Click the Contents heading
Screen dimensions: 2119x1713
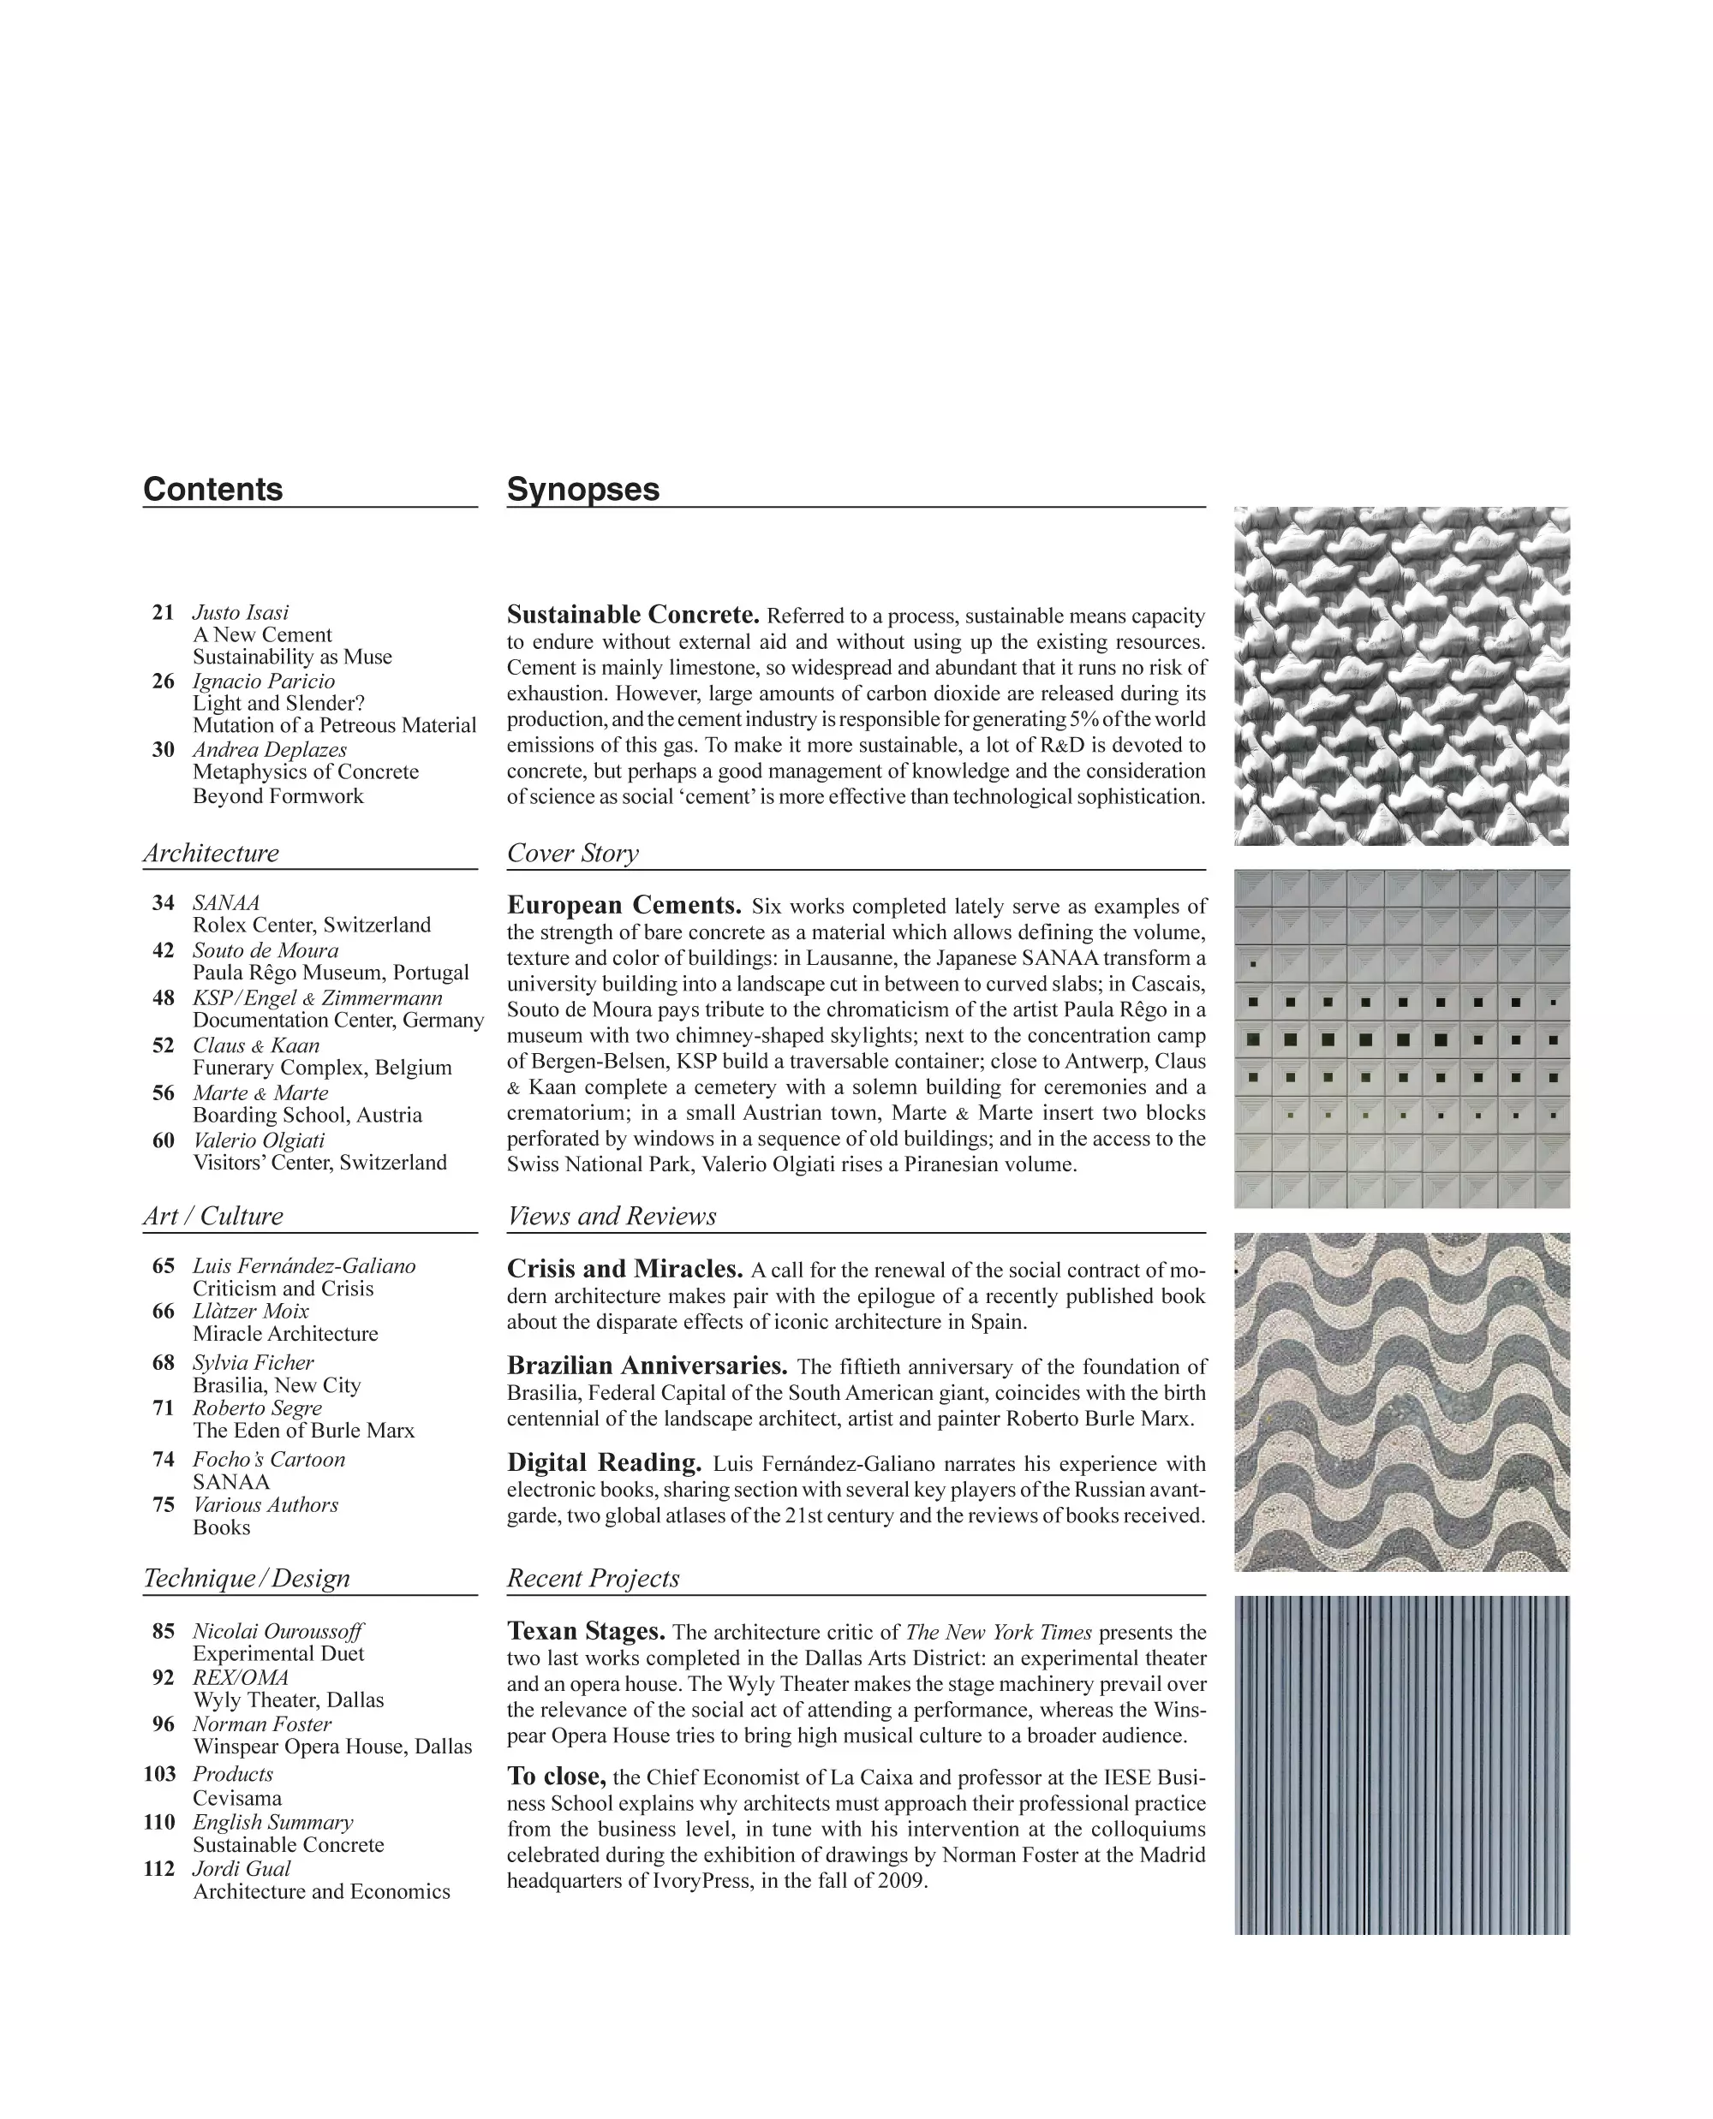click(213, 490)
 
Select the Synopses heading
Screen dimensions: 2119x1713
click(583, 490)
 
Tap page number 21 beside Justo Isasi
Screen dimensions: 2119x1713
click(163, 613)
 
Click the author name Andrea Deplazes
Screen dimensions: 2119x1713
click(270, 750)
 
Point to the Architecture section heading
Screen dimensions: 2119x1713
click(212, 854)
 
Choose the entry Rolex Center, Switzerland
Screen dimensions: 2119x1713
click(312, 926)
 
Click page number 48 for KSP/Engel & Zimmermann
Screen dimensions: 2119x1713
click(163, 998)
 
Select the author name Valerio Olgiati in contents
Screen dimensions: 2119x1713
click(259, 1140)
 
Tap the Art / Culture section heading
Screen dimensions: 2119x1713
click(213, 1217)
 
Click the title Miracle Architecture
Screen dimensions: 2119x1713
click(285, 1334)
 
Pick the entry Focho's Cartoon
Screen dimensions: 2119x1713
click(268, 1460)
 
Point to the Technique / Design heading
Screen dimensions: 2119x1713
click(247, 1579)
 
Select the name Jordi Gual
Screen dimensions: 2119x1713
click(242, 1868)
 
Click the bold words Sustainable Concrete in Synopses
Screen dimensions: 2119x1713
click(632, 615)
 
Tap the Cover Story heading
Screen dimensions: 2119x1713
click(573, 854)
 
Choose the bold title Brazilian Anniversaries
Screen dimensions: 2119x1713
click(648, 1366)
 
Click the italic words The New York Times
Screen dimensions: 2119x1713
click(999, 1633)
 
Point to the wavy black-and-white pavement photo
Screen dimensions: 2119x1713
click(1401, 1402)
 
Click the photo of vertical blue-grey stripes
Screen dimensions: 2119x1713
click(1401, 1765)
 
